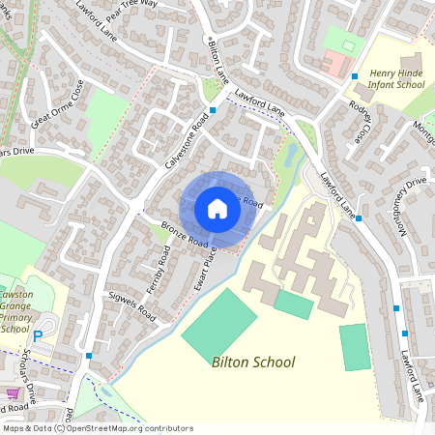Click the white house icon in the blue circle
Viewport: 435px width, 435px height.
(217, 208)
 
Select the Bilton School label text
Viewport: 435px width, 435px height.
(252, 362)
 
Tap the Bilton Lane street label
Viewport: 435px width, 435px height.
(217, 60)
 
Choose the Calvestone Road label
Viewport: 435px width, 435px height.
(186, 144)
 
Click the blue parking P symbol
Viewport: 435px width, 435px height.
(38, 336)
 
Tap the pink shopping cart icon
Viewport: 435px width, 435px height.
(13, 394)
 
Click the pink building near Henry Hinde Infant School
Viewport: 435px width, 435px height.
(333, 65)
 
